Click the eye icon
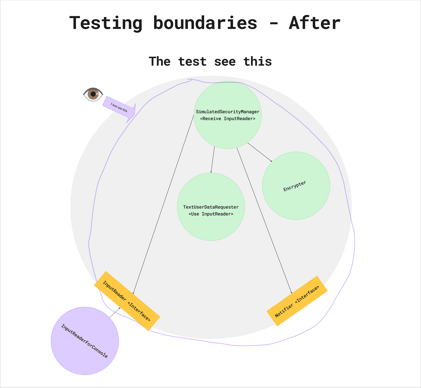93,94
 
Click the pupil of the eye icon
93,94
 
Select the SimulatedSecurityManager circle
228,130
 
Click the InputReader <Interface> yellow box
127,301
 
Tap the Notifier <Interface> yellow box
297,301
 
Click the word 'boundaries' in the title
205,23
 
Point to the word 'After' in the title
315,23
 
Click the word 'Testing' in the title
106,23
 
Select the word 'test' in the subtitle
192,62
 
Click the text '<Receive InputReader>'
228,119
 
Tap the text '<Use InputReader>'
211,214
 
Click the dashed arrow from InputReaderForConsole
115,312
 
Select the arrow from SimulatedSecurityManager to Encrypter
260,152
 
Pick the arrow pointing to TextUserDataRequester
213,159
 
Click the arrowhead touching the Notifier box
291,293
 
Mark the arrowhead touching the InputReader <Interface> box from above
133,293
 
